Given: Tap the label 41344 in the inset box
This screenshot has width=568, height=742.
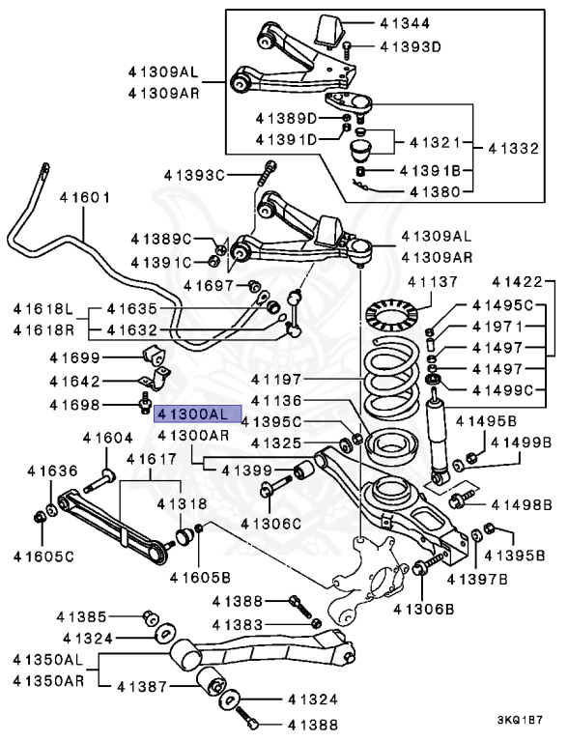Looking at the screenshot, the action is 405,23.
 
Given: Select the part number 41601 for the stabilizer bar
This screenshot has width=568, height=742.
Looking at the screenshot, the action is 85,197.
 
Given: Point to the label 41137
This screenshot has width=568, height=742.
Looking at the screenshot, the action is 433,282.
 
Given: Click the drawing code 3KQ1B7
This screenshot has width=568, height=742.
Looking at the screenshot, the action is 520,721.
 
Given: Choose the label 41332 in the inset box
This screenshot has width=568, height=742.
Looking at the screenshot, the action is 514,149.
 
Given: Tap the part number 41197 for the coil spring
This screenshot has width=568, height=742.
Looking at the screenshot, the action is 276,379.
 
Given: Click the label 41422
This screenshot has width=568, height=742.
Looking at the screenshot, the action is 517,282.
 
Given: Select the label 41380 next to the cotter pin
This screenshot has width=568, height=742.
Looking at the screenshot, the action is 435,191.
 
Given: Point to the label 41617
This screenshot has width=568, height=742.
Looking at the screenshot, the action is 152,459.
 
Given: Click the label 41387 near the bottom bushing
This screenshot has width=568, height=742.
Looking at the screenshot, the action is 142,686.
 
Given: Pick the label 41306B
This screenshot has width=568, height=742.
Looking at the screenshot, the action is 424,609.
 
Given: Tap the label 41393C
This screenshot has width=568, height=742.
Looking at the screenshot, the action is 194,175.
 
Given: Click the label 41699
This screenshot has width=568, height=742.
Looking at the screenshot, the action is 74,357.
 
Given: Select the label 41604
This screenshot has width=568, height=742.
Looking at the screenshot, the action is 108,439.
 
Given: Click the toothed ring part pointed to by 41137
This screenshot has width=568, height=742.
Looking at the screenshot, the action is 392,313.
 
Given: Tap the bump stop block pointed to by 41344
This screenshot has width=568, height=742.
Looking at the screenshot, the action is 330,31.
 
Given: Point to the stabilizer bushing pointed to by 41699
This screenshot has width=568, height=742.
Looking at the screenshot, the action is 153,356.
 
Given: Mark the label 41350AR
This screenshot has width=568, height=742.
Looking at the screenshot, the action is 48,681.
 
